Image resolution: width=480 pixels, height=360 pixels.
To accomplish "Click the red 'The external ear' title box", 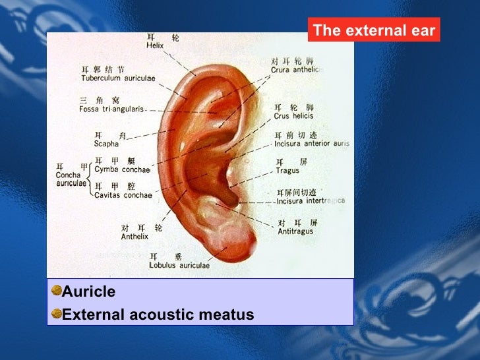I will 373,30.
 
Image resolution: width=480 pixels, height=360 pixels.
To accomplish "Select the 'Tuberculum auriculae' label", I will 118,78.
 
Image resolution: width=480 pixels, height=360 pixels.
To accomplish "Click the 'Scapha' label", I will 106,144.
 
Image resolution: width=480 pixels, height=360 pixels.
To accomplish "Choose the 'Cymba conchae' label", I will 122,169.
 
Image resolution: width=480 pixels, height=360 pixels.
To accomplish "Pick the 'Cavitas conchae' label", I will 123,195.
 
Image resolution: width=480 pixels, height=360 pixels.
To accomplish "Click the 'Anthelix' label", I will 135,236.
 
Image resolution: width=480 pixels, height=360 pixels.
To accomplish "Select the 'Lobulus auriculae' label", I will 179,266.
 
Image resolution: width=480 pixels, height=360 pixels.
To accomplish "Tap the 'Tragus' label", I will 287,171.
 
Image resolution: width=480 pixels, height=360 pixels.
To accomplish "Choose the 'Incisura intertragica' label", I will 311,200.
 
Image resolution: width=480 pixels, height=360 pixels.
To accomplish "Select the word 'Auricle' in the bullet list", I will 88,291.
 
